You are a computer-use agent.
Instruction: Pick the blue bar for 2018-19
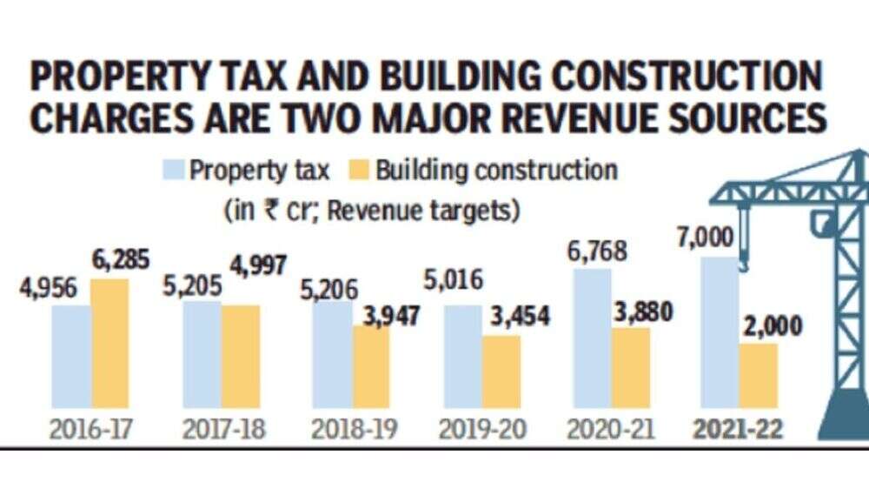click(332, 358)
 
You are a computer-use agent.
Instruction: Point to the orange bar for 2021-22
click(759, 378)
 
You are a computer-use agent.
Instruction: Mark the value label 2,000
click(772, 326)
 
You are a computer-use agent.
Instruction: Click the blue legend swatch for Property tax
click(171, 170)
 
